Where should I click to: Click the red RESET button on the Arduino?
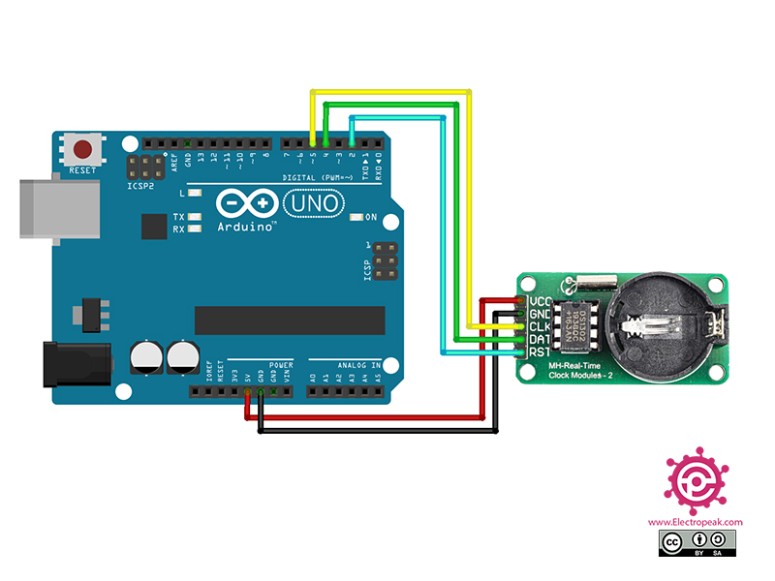[x=83, y=151]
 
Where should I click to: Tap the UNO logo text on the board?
[x=312, y=204]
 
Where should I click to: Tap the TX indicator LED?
[x=195, y=217]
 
